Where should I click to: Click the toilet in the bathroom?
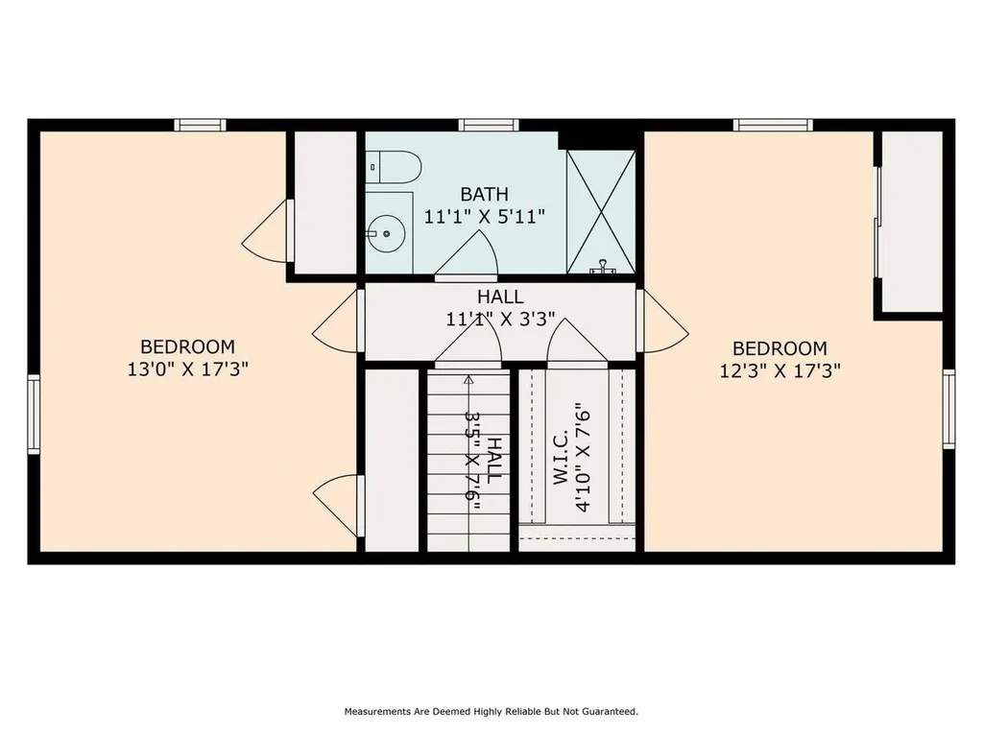pyautogui.click(x=393, y=167)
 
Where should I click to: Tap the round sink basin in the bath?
pyautogui.click(x=387, y=234)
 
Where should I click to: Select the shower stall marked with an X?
pyautogui.click(x=601, y=212)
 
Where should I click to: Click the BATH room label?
pyautogui.click(x=484, y=194)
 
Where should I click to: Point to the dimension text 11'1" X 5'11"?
pyautogui.click(x=484, y=217)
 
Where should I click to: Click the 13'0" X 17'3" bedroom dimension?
pyautogui.click(x=187, y=369)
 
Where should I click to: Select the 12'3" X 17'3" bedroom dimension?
pyautogui.click(x=779, y=371)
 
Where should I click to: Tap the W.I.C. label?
pyautogui.click(x=560, y=457)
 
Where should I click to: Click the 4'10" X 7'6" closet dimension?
pyautogui.click(x=583, y=458)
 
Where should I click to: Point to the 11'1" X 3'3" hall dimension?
pyautogui.click(x=500, y=320)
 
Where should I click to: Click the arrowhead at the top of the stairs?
pyautogui.click(x=468, y=378)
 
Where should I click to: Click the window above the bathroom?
pyautogui.click(x=489, y=125)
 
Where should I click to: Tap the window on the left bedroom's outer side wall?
pyautogui.click(x=34, y=414)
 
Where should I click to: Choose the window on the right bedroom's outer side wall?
pyautogui.click(x=948, y=409)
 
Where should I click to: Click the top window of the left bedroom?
pyautogui.click(x=200, y=125)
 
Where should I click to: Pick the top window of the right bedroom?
pyautogui.click(x=773, y=125)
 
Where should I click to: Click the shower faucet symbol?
pyautogui.click(x=603, y=267)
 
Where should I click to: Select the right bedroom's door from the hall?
pyautogui.click(x=662, y=321)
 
